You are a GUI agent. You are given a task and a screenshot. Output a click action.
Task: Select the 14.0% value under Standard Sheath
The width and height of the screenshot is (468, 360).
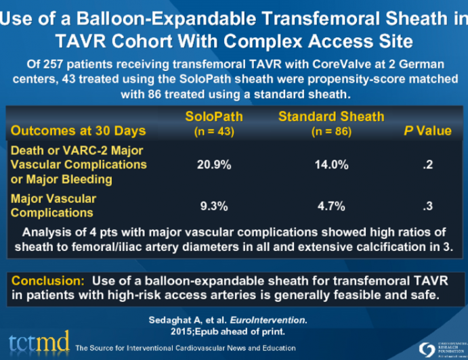(331, 164)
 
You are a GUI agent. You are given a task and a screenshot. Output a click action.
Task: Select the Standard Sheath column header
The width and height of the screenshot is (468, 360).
(331, 117)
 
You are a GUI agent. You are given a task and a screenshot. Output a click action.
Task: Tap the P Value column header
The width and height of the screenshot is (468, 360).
(427, 131)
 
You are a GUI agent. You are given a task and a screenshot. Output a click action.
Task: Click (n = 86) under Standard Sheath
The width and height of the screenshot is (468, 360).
(331, 131)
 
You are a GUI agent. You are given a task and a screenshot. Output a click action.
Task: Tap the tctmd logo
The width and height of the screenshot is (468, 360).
(37, 342)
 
